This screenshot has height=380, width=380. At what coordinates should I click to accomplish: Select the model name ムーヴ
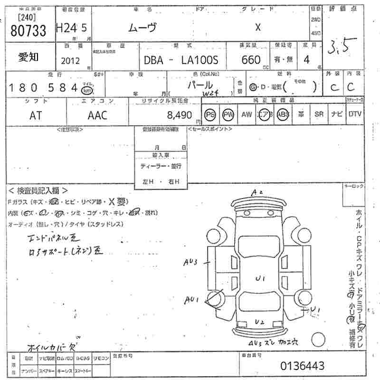point(142,27)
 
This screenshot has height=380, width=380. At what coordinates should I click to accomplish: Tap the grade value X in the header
point(258,27)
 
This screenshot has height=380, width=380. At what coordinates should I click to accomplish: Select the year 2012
point(71,61)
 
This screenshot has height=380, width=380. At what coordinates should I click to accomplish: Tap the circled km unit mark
point(87,90)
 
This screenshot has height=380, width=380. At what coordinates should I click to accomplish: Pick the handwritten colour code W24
point(210,94)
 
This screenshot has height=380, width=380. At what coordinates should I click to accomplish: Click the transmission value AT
point(36,115)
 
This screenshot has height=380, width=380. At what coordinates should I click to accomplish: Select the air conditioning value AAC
point(97,115)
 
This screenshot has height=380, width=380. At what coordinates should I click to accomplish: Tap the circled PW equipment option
point(228,114)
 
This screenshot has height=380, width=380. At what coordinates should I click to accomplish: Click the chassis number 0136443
point(303,366)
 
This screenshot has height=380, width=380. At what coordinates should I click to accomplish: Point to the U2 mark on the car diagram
point(259,322)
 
